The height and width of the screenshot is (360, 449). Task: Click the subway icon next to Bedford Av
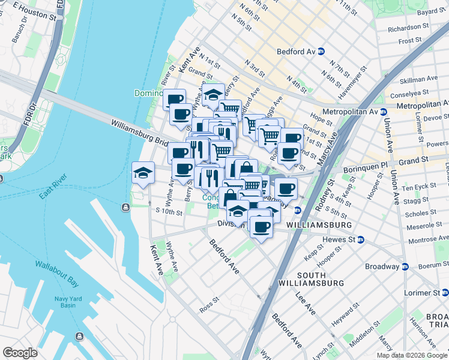coord(321,52)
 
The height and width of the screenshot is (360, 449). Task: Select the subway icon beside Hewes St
coord(360,239)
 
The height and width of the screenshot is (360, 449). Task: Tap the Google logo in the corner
coord(20,352)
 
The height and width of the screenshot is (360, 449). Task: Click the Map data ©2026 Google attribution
coord(412,355)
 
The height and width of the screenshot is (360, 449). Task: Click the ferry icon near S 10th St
coord(125,208)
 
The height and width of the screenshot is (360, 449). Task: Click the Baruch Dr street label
coord(19,35)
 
